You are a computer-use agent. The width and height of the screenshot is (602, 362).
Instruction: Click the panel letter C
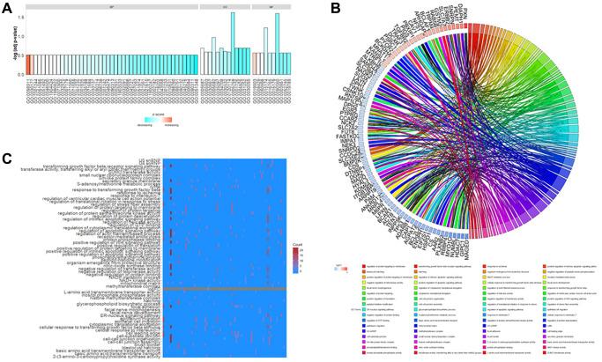[x=6, y=159]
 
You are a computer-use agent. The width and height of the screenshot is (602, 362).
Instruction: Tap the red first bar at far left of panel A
[x=27, y=64]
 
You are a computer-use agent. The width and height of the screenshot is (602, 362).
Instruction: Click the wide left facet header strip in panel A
[x=110, y=8]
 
